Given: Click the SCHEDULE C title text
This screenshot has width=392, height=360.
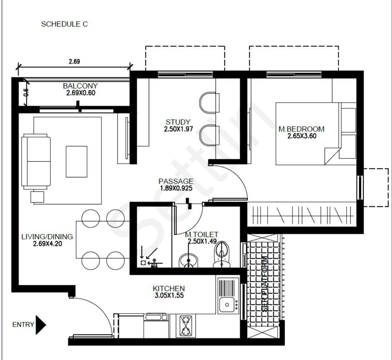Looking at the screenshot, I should (64, 24).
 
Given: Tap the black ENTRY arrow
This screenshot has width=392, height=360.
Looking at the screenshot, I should (41, 325).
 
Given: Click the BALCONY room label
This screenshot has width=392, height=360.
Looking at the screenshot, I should (80, 86).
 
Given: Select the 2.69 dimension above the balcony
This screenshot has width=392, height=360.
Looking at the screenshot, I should (74, 61).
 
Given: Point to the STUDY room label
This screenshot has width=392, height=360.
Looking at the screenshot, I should (178, 122).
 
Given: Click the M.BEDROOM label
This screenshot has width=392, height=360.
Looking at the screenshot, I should (301, 129).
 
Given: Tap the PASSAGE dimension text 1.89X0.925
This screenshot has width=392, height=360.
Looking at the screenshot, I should (176, 188).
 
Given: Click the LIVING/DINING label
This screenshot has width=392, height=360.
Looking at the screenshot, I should (47, 237).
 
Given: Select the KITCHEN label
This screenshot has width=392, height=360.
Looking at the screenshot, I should (168, 289).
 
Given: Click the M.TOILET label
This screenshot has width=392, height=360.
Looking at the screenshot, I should (201, 235).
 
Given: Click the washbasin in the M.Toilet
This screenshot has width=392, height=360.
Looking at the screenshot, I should (188, 260).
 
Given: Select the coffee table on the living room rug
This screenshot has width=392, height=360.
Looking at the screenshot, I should (76, 161).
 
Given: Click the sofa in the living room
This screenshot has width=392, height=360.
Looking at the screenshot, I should (36, 161).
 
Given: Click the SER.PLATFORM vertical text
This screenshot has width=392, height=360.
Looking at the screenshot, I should (265, 284).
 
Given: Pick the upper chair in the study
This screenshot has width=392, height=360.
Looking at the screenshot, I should (210, 102).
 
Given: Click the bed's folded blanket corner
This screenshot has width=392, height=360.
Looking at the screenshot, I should (332, 156).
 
